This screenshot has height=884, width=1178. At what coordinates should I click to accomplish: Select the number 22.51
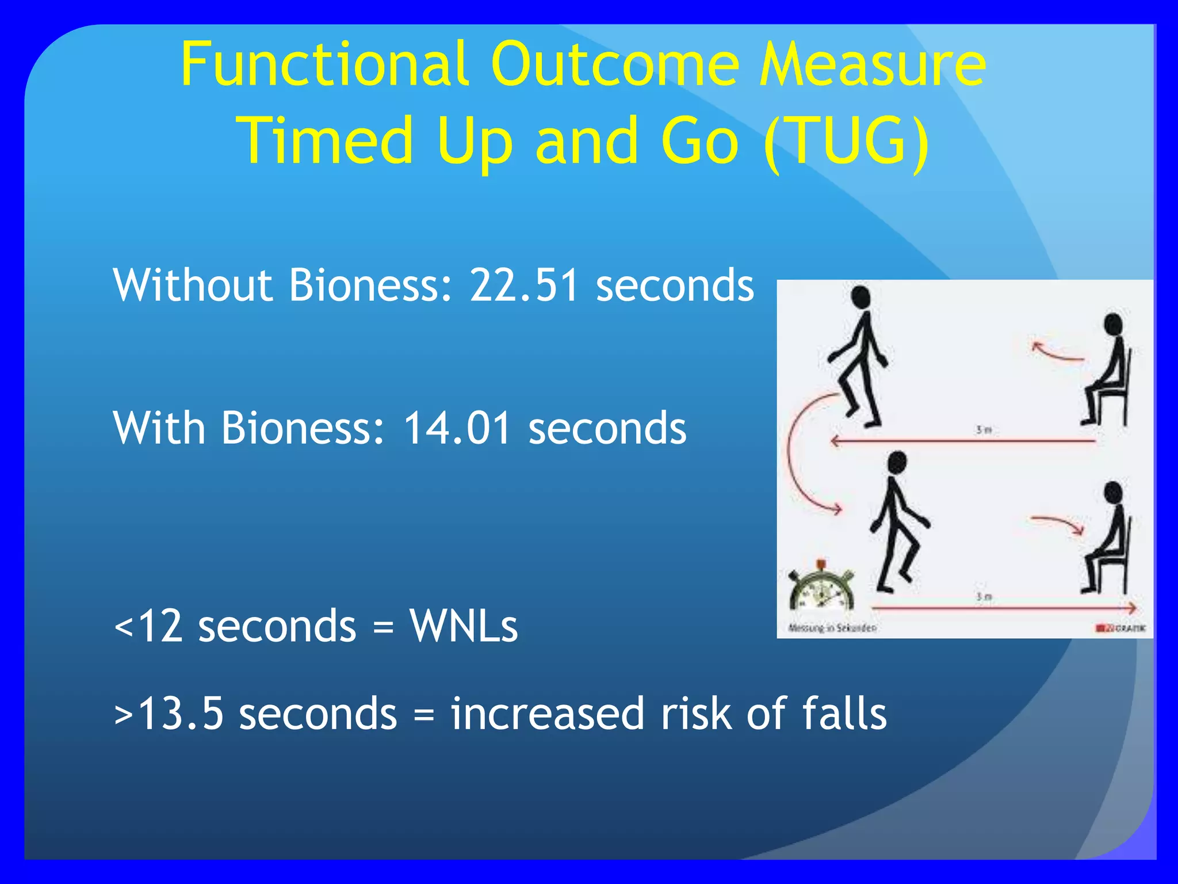(523, 285)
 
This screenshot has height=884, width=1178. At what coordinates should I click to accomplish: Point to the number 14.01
(457, 428)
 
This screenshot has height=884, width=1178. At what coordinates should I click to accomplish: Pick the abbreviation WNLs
(464, 626)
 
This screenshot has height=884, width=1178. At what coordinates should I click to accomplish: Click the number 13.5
(181, 714)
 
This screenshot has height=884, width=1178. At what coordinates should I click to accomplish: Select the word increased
(546, 714)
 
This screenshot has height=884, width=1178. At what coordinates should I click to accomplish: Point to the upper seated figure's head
(1113, 323)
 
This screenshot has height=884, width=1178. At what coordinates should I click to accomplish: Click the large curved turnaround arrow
(797, 455)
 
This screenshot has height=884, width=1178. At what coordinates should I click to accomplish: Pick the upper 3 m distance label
(984, 430)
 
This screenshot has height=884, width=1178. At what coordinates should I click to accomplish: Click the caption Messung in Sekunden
(832, 628)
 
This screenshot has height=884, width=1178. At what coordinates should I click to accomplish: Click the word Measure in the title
(872, 64)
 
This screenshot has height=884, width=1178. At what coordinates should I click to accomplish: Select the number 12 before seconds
(161, 626)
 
